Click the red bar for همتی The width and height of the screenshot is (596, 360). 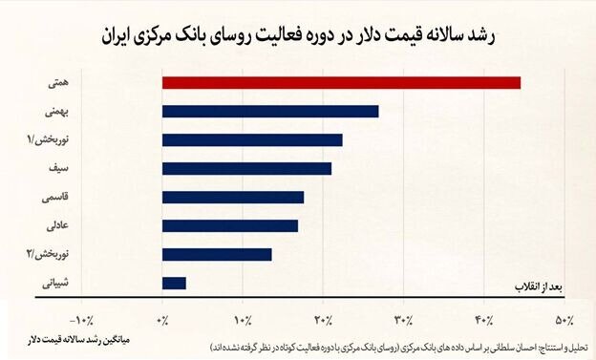(341, 82)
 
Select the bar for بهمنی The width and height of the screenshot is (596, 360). (270, 111)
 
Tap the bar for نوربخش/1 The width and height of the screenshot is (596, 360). (252, 139)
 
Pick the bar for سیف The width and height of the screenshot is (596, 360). (246, 168)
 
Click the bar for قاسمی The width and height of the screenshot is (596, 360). (233, 197)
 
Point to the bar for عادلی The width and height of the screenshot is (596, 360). (230, 225)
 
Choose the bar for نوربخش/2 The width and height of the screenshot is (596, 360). (217, 254)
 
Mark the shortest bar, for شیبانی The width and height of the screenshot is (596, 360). (174, 283)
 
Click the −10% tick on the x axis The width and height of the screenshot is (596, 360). (83, 319)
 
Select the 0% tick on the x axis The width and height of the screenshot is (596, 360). (162, 319)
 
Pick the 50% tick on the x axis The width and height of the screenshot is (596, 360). (564, 319)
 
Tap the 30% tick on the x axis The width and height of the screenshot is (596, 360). (404, 319)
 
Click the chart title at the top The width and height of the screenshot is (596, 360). (298, 35)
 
